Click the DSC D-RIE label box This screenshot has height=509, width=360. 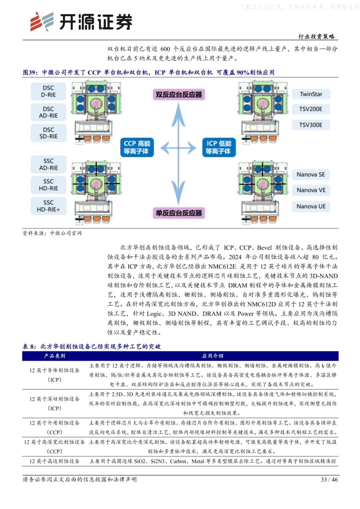click(x=48, y=91)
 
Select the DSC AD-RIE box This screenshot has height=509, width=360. click(x=48, y=112)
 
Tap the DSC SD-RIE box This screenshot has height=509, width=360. click(x=48, y=133)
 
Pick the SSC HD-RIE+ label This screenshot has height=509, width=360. click(x=48, y=206)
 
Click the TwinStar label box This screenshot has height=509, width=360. click(x=311, y=94)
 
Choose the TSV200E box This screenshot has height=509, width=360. click(x=311, y=109)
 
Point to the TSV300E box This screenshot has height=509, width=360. click(x=311, y=125)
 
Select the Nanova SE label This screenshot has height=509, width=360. click(x=311, y=174)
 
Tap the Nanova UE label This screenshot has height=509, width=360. click(x=311, y=206)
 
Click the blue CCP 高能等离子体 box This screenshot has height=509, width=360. click(x=137, y=147)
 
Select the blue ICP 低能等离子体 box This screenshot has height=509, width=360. click(x=219, y=147)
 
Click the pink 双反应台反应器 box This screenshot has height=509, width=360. click(x=179, y=95)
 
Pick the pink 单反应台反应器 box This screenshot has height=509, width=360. click(x=179, y=213)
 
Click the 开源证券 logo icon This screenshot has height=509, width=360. click(x=42, y=22)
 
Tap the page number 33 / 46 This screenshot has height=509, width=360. click(x=329, y=479)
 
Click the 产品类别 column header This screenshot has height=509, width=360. click(x=55, y=356)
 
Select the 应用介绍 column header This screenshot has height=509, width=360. click(x=213, y=356)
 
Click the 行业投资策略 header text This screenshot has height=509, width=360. click(x=316, y=36)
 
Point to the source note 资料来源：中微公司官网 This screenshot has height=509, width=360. click(x=52, y=233)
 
